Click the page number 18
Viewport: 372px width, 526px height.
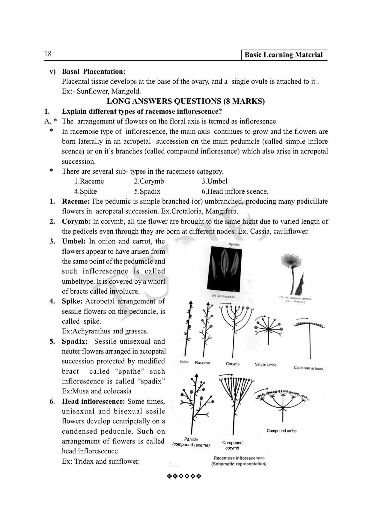click(48, 54)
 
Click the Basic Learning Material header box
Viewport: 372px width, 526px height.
click(284, 55)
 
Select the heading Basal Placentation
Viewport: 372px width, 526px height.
click(93, 72)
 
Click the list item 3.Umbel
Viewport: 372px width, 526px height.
click(214, 181)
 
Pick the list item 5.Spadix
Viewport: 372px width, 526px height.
click(147, 191)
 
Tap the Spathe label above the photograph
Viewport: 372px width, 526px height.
click(234, 244)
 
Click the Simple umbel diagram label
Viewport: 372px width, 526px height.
click(266, 365)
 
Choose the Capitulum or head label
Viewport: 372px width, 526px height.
click(309, 368)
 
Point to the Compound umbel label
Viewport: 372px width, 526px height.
click(282, 431)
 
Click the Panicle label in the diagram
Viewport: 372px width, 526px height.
click(191, 440)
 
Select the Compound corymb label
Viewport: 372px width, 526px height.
click(232, 445)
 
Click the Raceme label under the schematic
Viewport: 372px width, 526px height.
click(202, 363)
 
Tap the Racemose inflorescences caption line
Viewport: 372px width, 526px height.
click(239, 458)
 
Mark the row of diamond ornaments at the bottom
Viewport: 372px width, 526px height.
click(184, 476)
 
